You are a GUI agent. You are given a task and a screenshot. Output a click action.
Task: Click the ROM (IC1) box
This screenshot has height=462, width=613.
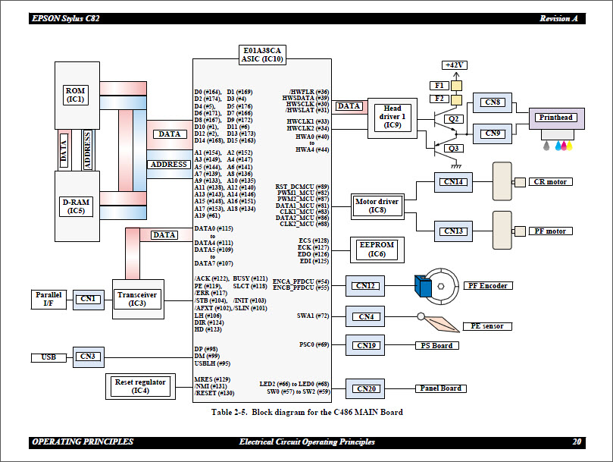[76, 95]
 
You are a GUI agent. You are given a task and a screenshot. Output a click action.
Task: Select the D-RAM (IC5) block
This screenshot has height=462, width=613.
[76, 206]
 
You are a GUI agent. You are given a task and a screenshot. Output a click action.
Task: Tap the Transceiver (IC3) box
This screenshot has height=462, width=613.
[137, 299]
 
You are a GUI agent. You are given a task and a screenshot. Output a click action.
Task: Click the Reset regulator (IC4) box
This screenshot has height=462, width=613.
[140, 387]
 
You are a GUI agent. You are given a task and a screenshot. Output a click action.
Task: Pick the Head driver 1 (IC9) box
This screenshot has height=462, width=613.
[393, 117]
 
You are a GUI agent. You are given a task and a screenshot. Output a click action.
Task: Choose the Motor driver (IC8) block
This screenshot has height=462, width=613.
[377, 206]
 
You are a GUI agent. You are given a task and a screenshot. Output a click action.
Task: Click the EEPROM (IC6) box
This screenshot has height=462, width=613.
[377, 250]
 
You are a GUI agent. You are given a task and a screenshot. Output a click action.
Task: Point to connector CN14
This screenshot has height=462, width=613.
[454, 182]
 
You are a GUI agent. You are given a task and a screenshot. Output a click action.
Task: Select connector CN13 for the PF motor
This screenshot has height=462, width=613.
[454, 231]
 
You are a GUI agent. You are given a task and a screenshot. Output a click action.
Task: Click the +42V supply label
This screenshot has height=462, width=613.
[455, 65]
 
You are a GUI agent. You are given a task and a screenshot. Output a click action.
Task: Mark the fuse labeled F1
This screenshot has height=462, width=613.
[439, 85]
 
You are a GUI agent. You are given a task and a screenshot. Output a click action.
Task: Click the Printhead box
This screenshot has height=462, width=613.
[556, 118]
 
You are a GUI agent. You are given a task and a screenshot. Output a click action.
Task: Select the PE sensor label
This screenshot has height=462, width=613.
[487, 326]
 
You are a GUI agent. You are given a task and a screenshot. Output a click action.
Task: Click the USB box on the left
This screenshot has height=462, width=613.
[49, 357]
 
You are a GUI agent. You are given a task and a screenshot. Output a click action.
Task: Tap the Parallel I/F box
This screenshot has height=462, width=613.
[49, 299]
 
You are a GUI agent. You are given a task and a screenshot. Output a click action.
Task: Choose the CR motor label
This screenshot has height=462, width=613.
[550, 182]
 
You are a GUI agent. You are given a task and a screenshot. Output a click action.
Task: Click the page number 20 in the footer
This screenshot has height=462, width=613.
[577, 442]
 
